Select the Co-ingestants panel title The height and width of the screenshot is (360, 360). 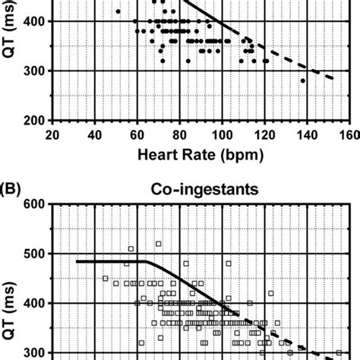(200, 187)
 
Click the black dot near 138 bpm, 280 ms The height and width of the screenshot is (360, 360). (303, 81)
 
